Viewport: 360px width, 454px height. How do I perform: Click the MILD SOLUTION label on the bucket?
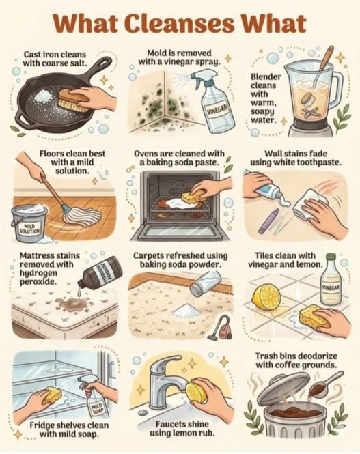pos(29,229)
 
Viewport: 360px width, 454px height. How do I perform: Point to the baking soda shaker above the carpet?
pos(205,283)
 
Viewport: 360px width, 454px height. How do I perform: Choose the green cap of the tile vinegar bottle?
pos(331,257)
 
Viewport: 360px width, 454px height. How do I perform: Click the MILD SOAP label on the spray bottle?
pos(96,409)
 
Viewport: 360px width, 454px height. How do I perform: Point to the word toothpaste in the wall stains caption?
pos(321,162)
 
